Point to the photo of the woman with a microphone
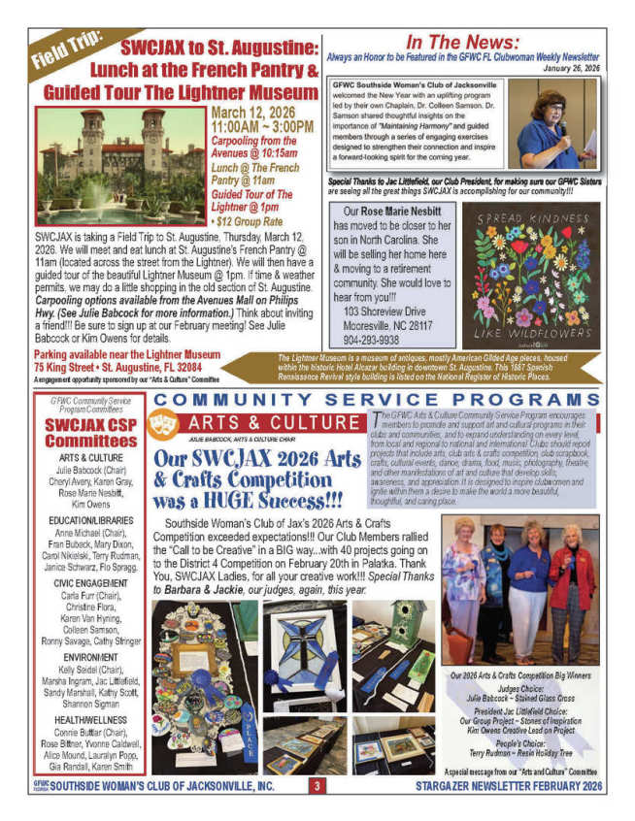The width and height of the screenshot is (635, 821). coord(552,125)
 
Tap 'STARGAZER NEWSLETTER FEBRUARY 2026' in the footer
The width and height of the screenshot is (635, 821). coord(508,787)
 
